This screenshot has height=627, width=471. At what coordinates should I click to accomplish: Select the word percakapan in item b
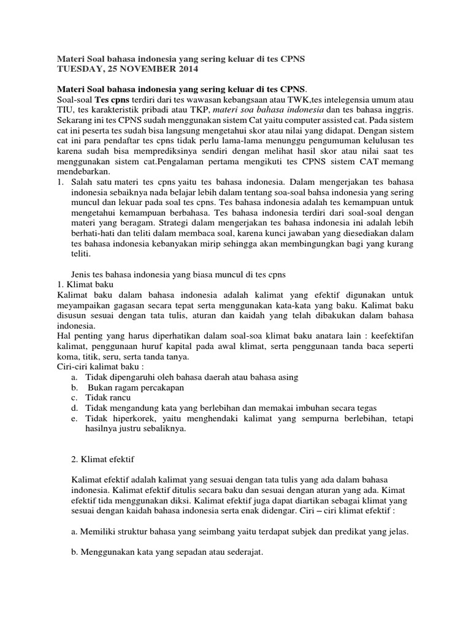pos(159,388)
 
